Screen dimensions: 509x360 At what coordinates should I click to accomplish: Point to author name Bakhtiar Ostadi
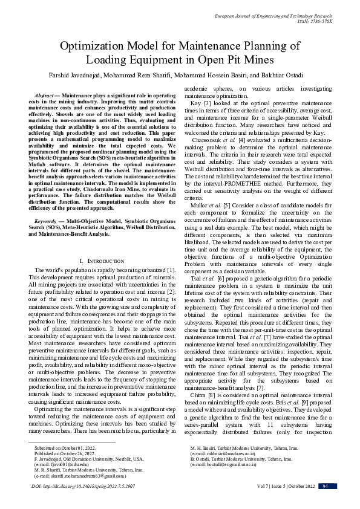pyautogui.click(x=287, y=75)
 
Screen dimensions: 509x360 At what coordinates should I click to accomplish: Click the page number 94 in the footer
pyautogui.click(x=325, y=486)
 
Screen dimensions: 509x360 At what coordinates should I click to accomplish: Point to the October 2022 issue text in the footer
pyautogui.click(x=300, y=486)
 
